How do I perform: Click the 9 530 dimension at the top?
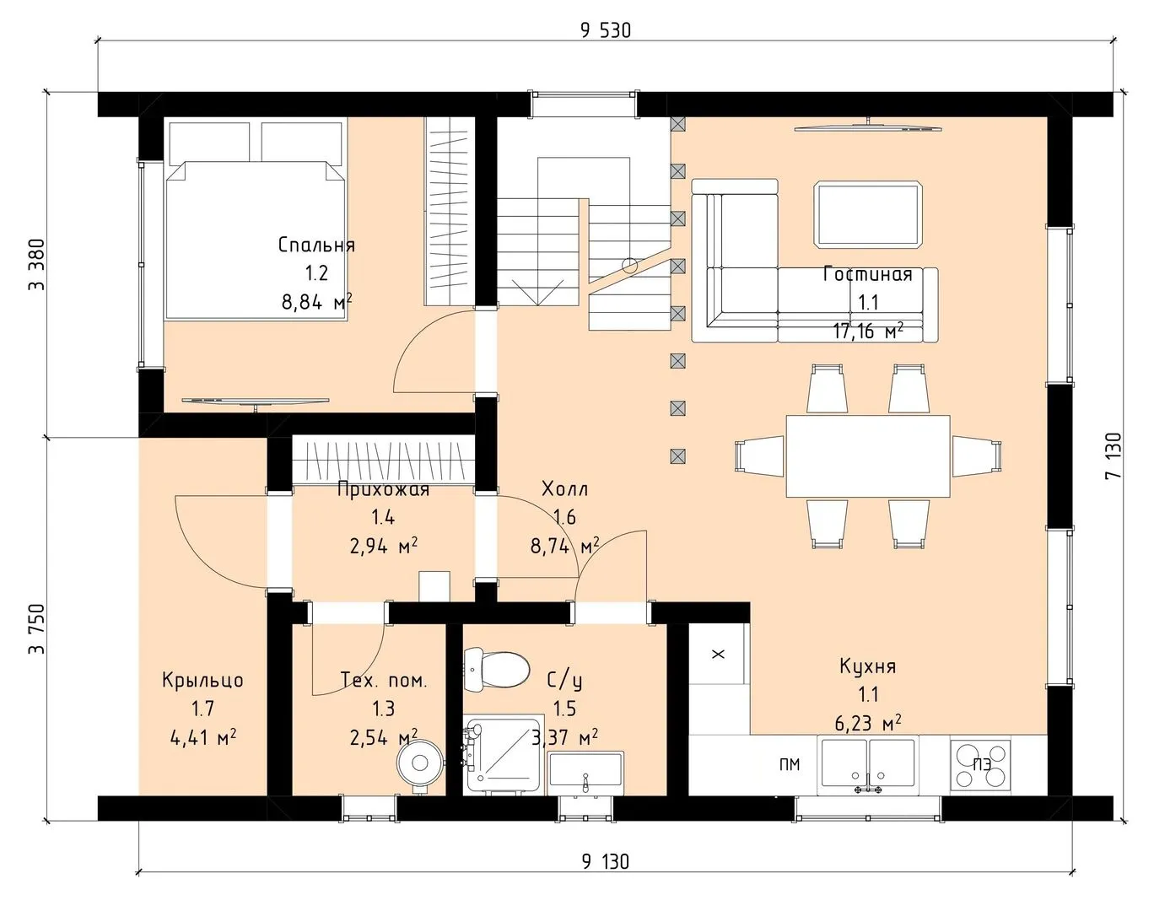pyautogui.click(x=606, y=30)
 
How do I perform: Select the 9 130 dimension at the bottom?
pyautogui.click(x=606, y=862)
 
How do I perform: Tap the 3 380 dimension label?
pyautogui.click(x=37, y=264)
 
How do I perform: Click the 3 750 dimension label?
pyautogui.click(x=37, y=629)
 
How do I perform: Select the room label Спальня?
pyautogui.click(x=316, y=245)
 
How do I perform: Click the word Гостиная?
pyautogui.click(x=868, y=274)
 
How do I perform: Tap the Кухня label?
pyautogui.click(x=868, y=666)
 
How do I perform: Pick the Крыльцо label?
pyautogui.click(x=202, y=681)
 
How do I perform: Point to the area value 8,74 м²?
pyautogui.click(x=564, y=547)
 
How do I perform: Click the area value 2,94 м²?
pyautogui.click(x=384, y=547)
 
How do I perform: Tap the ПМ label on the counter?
pyautogui.click(x=790, y=764)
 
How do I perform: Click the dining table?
pyautogui.click(x=868, y=456)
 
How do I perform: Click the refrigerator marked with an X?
pyautogui.click(x=719, y=654)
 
